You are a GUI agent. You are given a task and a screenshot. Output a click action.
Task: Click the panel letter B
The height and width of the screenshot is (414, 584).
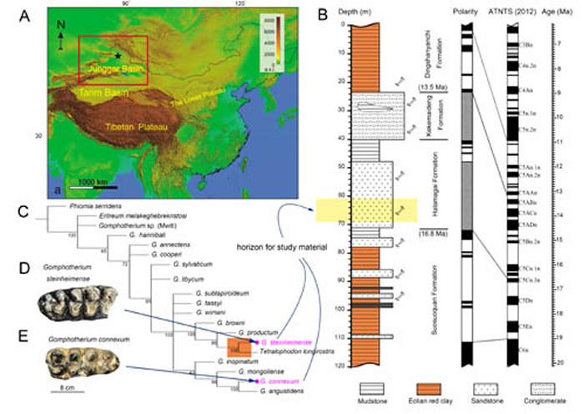(316, 13)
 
